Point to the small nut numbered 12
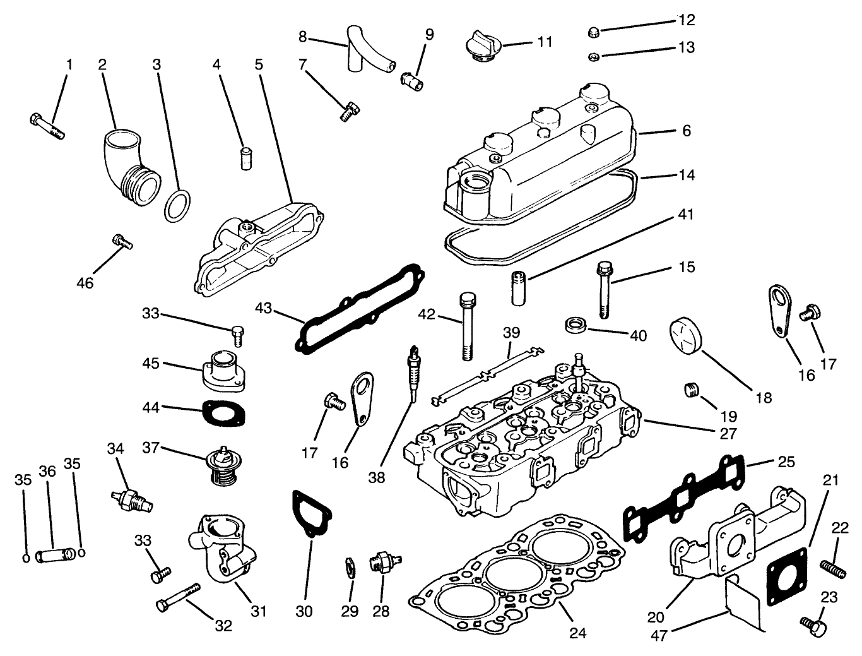click(593, 32)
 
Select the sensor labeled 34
click(132, 498)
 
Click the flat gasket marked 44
click(223, 414)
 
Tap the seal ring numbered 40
click(575, 325)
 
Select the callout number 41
click(685, 215)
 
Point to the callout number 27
click(728, 434)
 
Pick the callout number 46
click(85, 283)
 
